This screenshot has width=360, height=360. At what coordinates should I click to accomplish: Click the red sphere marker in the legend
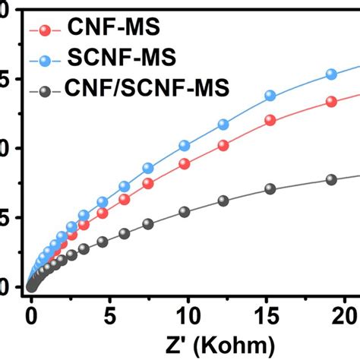pos(46,30)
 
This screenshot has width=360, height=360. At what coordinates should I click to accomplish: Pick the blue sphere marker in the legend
pos(46,61)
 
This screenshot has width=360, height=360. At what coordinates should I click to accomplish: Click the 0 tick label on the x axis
pos(31,314)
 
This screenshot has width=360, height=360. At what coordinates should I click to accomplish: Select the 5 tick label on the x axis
pos(109,314)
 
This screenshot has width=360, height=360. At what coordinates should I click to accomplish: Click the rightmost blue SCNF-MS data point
pos(331,74)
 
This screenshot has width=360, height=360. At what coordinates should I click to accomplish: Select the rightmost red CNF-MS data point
pos(331,102)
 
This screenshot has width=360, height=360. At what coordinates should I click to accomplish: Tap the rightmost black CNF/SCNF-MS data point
pos(331,180)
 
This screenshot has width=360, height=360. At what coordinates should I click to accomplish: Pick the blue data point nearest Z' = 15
pos(270,96)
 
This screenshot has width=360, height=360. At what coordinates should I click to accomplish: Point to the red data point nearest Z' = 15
pos(270,120)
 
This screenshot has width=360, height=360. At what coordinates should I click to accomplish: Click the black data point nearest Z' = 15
pos(270,189)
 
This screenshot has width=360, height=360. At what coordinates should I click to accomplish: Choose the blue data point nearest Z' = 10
pos(185,145)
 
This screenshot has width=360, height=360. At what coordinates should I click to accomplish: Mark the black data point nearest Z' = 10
pos(185,212)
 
